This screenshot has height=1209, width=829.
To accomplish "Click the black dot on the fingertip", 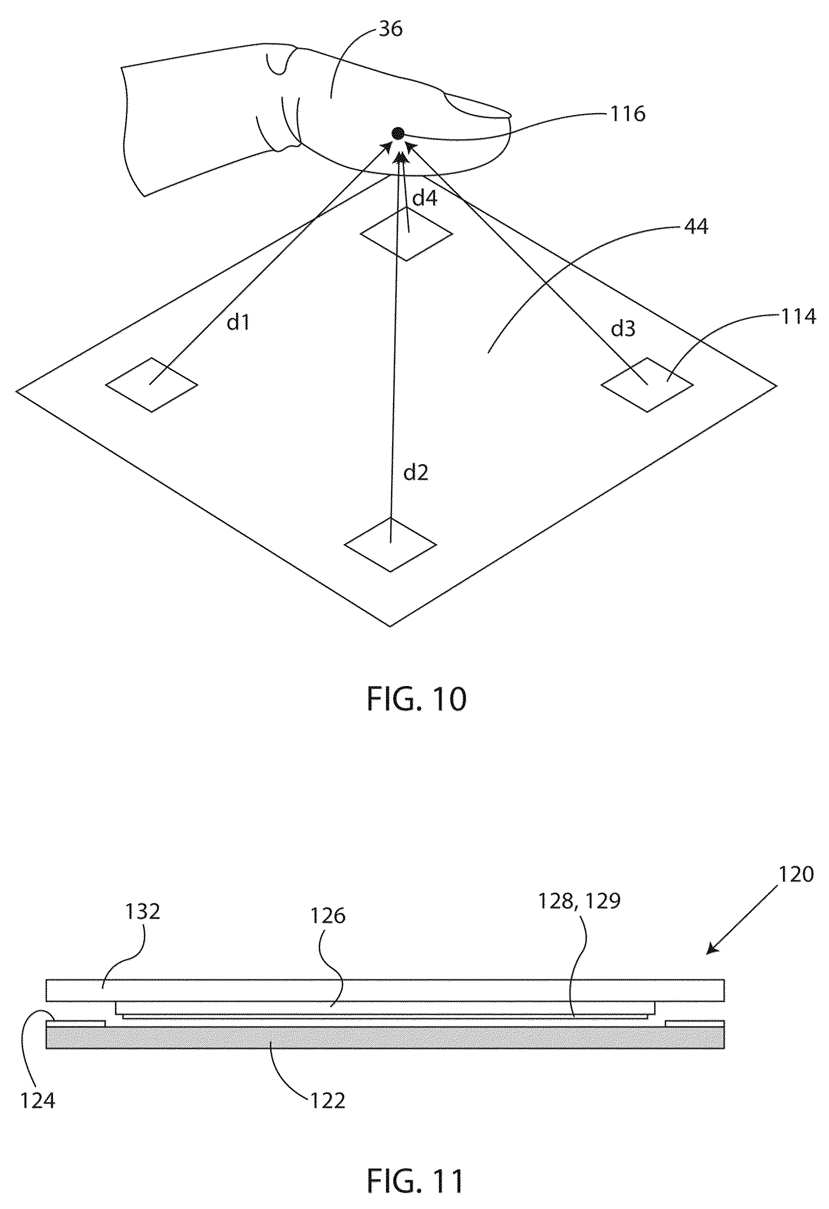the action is (x=397, y=133).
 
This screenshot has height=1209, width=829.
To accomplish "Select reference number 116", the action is (x=628, y=114).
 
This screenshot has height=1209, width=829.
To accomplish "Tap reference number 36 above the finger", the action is (x=390, y=29).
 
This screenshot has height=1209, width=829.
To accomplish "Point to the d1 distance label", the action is (x=239, y=323).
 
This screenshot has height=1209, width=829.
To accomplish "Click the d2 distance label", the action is (x=416, y=472).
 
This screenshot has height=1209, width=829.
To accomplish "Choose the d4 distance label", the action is (x=425, y=198).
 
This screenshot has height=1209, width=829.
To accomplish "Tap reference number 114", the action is (x=798, y=316).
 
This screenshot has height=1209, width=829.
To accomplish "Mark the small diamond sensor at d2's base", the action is (x=390, y=544).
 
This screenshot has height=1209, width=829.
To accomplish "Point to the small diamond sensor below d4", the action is (x=407, y=234).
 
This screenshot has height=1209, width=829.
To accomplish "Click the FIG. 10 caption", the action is (x=417, y=699).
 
